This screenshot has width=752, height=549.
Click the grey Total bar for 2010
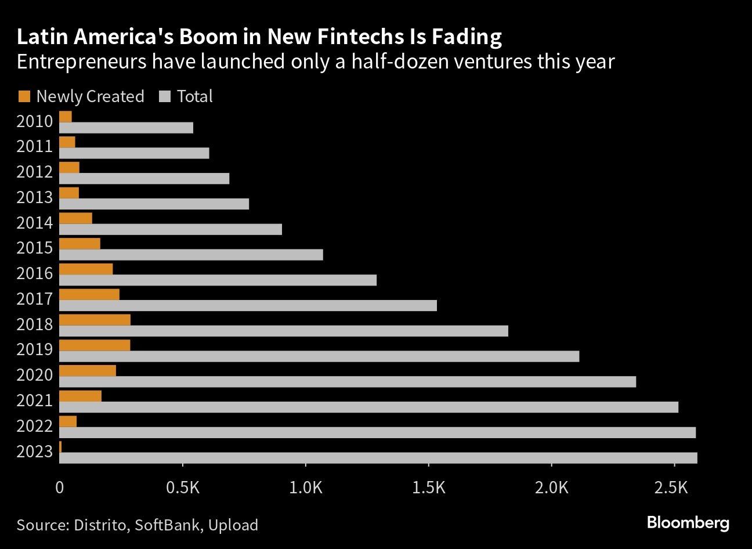[126, 128]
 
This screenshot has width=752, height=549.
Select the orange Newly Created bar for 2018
[95, 320]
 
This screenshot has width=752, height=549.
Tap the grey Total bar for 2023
[378, 458]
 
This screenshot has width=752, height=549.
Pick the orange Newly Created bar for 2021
[80, 396]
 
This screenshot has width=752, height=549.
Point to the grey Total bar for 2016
[218, 280]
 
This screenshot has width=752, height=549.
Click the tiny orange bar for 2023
[60, 447]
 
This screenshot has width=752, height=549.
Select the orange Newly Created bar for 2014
[75, 218]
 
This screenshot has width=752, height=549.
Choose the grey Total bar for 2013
[154, 204]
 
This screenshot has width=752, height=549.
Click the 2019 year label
[34, 349]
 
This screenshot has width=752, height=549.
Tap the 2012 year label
[34, 172]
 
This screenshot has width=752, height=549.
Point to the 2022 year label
[34, 427]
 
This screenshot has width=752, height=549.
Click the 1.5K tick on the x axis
[428, 487]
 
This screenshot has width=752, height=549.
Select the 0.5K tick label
[182, 487]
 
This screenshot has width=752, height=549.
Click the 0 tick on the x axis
[60, 487]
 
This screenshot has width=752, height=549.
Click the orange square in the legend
[24, 96]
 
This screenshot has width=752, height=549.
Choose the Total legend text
[194, 96]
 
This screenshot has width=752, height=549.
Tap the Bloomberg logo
[688, 522]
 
